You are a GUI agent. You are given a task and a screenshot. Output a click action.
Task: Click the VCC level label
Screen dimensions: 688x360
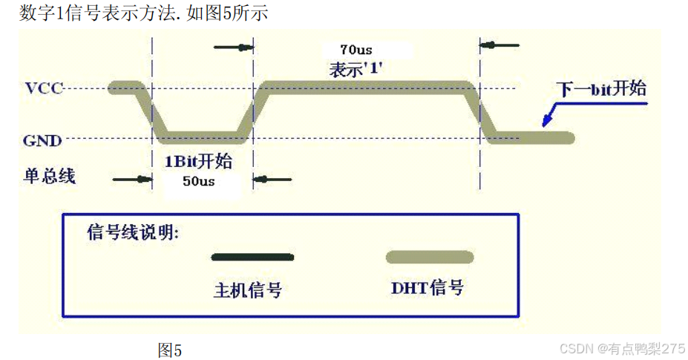point(43,88)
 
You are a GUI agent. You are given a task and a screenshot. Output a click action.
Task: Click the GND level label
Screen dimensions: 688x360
point(42,140)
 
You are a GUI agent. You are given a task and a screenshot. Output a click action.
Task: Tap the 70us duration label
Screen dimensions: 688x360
point(356,50)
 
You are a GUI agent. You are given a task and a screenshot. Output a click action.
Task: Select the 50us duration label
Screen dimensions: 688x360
point(198,181)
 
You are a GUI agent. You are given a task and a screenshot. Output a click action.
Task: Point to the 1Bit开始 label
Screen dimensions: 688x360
point(197,161)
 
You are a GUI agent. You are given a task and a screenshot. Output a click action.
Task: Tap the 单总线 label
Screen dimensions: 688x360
point(50,176)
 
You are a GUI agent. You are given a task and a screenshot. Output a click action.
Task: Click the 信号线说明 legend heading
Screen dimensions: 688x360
point(133,232)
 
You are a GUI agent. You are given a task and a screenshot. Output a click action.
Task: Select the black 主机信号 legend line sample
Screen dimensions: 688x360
point(252,258)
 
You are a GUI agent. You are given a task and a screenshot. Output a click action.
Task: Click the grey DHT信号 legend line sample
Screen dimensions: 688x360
point(430,258)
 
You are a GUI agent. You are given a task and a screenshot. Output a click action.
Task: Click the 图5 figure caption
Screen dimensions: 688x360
point(169,350)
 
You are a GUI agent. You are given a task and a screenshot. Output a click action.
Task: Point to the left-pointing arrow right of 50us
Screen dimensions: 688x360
point(273,179)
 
